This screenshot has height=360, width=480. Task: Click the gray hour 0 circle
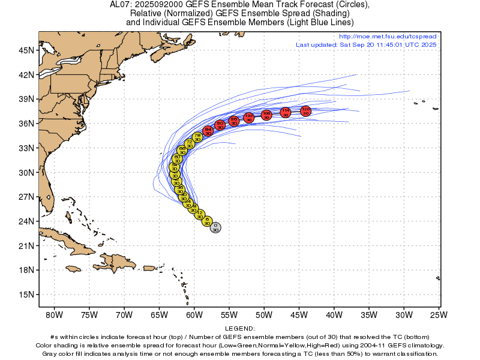click(x=215, y=227)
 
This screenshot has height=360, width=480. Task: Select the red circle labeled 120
click(x=305, y=111)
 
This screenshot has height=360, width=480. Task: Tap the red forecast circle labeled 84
click(x=208, y=131)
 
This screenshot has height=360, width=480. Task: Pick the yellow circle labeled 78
click(x=197, y=137)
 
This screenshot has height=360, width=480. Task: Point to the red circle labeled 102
click(x=249, y=118)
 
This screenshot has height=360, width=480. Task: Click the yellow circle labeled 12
click(x=200, y=214)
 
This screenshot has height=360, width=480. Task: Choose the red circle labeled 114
click(x=286, y=112)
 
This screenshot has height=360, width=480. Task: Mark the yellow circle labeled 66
click(x=182, y=150)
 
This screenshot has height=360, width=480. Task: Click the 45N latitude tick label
click(x=26, y=50)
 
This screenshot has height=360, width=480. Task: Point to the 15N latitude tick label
click(x=26, y=295)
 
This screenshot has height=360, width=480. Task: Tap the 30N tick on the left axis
click(x=26, y=172)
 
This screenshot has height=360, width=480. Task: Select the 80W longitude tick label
click(x=54, y=314)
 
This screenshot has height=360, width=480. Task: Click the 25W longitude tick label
click(x=439, y=314)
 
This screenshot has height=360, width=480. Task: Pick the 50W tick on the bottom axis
click(x=264, y=314)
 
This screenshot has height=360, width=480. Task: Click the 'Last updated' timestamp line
click(x=366, y=44)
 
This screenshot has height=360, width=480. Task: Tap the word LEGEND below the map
click(x=240, y=328)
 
